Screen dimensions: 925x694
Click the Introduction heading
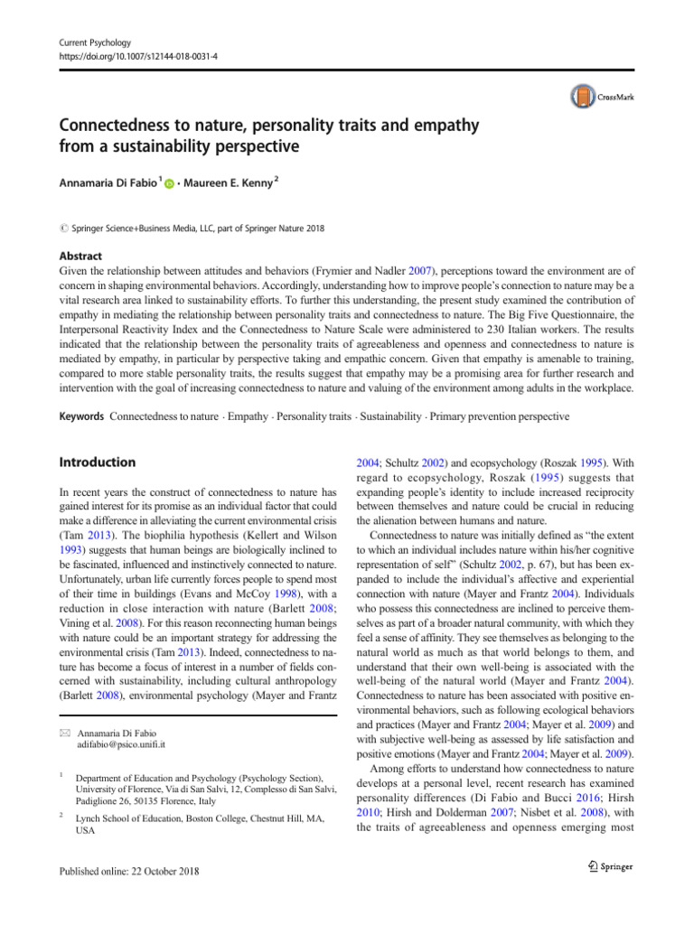click(97, 462)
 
